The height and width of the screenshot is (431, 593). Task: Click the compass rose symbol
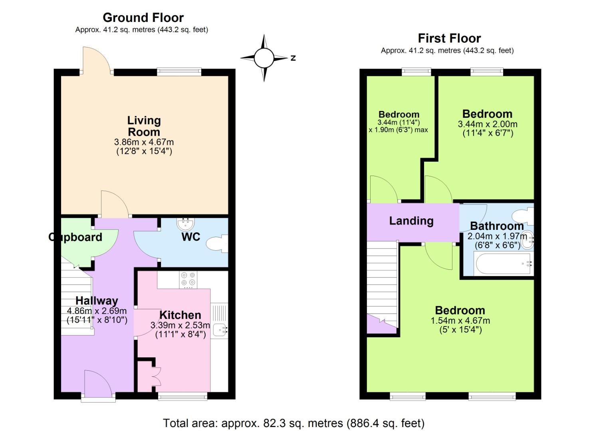click(264, 58)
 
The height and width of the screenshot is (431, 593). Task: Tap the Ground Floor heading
click(143, 18)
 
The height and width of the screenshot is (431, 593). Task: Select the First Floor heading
click(449, 38)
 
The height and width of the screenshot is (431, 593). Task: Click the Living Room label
click(144, 126)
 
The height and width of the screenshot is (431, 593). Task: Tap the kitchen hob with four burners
click(188, 280)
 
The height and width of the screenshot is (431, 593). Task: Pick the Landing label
click(411, 221)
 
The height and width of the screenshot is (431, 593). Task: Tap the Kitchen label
click(180, 314)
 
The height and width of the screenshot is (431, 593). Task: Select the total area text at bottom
click(294, 423)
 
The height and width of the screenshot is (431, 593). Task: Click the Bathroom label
click(497, 226)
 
